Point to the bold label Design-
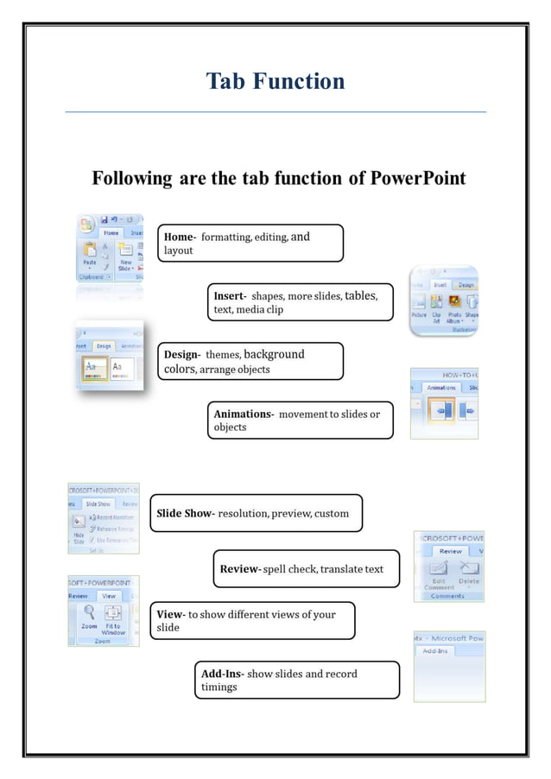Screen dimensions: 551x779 pyautogui.click(x=182, y=355)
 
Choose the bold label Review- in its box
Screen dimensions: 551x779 pyautogui.click(x=240, y=569)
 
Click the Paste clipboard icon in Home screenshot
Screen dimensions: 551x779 pyautogui.click(x=89, y=251)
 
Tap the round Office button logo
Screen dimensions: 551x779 pyautogui.click(x=86, y=225)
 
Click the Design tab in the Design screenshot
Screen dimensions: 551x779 pyautogui.click(x=104, y=345)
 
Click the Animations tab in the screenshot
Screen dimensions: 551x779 pyautogui.click(x=441, y=388)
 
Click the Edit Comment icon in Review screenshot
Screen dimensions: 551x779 pyautogui.click(x=439, y=569)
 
